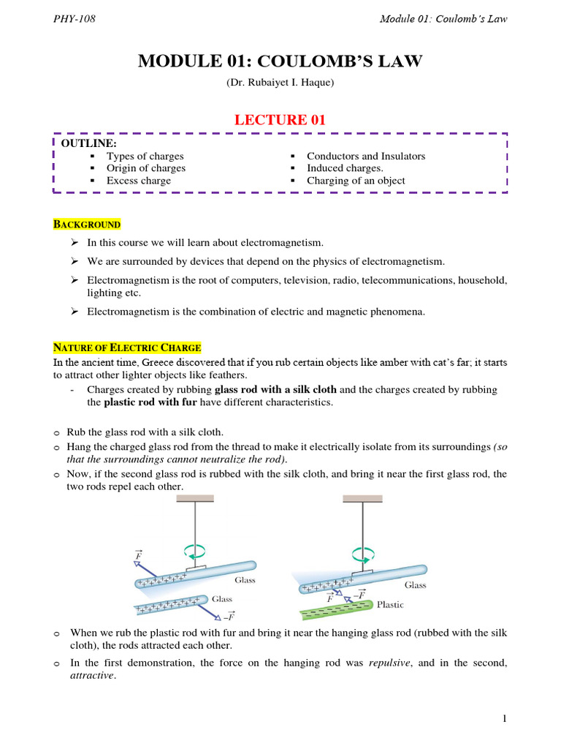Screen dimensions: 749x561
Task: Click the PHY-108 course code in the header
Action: (75, 19)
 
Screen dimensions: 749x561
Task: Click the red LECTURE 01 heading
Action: (280, 120)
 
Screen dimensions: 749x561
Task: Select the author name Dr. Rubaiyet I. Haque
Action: (280, 83)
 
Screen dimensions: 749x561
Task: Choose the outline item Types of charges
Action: (145, 156)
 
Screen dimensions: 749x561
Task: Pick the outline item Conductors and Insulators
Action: (365, 156)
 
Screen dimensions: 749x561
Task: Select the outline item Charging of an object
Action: (356, 181)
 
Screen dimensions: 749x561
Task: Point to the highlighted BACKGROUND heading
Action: (86, 224)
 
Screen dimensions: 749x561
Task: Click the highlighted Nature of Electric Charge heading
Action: (127, 347)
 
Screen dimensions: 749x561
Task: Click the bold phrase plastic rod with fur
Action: (153, 402)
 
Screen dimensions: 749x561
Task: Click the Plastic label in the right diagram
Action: (390, 605)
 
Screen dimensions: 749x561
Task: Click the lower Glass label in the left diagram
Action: (221, 598)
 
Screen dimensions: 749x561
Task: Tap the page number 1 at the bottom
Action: (504, 720)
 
